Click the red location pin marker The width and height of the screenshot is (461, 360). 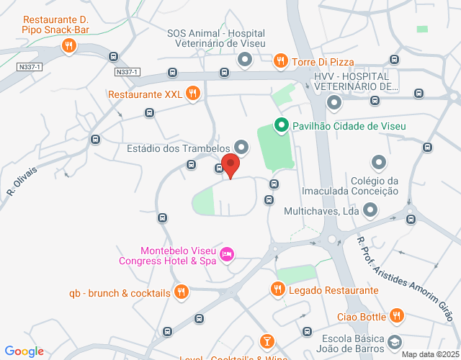230,165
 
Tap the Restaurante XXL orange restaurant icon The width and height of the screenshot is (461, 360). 192,93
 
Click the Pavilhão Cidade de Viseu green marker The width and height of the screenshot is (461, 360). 281,125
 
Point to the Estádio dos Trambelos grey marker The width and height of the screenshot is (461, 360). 241,149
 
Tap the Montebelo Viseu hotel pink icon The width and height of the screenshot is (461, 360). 227,254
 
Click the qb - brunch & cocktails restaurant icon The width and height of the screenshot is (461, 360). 182,292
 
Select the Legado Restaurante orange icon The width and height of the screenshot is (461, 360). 277,289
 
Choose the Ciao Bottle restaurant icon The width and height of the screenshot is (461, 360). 397,315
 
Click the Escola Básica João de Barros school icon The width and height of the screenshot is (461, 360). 394,341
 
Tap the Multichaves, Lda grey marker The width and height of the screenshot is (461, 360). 370,211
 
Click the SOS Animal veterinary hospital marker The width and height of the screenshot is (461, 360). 244,59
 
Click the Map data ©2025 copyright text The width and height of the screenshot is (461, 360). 429,354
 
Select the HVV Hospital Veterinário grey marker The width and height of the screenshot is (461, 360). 334,103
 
